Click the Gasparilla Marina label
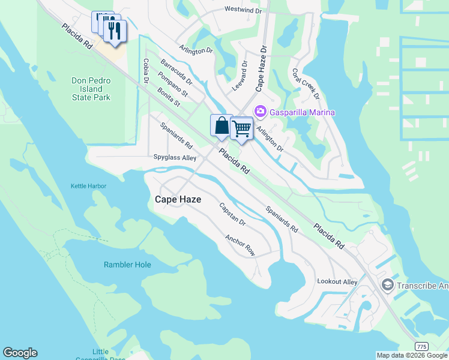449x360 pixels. pyautogui.click(x=302, y=112)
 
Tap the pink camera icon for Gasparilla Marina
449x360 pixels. pyautogui.click(x=261, y=112)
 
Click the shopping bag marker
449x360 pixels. pyautogui.click(x=221, y=126)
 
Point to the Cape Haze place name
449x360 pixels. pyautogui.click(x=178, y=199)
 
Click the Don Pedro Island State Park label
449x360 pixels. pyautogui.click(x=91, y=89)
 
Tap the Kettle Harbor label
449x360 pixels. pyautogui.click(x=88, y=186)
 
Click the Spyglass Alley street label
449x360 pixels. pyautogui.click(x=175, y=158)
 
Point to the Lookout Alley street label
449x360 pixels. pyautogui.click(x=337, y=281)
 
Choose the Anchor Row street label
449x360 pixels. pyautogui.click(x=240, y=245)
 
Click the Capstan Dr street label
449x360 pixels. pyautogui.click(x=232, y=214)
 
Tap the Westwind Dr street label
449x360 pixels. pyautogui.click(x=243, y=10)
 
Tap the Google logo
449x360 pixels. pyautogui.click(x=20, y=353)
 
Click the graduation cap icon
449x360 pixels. pyautogui.click(x=387, y=285)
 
